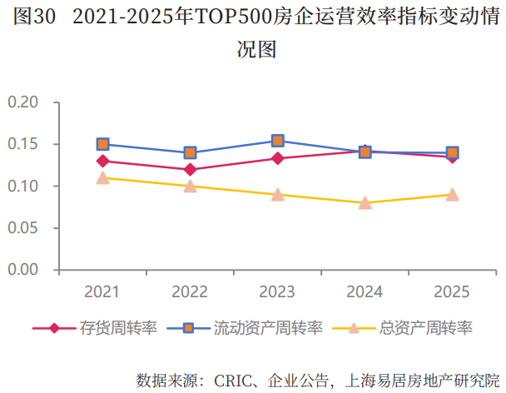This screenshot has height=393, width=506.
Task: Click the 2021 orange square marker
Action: [103, 144]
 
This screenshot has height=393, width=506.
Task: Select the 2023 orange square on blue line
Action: [278, 141]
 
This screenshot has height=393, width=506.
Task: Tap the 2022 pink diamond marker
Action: [191, 169]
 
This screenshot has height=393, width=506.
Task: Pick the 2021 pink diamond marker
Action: [103, 161]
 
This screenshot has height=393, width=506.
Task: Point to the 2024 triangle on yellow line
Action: [365, 202]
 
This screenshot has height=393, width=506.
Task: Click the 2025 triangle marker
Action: [452, 194]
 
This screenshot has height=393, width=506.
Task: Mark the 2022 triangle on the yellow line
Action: [191, 186]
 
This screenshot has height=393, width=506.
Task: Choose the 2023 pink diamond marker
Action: [278, 158]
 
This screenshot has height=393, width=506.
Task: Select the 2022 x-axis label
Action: [190, 292]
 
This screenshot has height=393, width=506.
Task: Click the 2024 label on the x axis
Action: [365, 292]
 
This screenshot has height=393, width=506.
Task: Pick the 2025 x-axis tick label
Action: [452, 292]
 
